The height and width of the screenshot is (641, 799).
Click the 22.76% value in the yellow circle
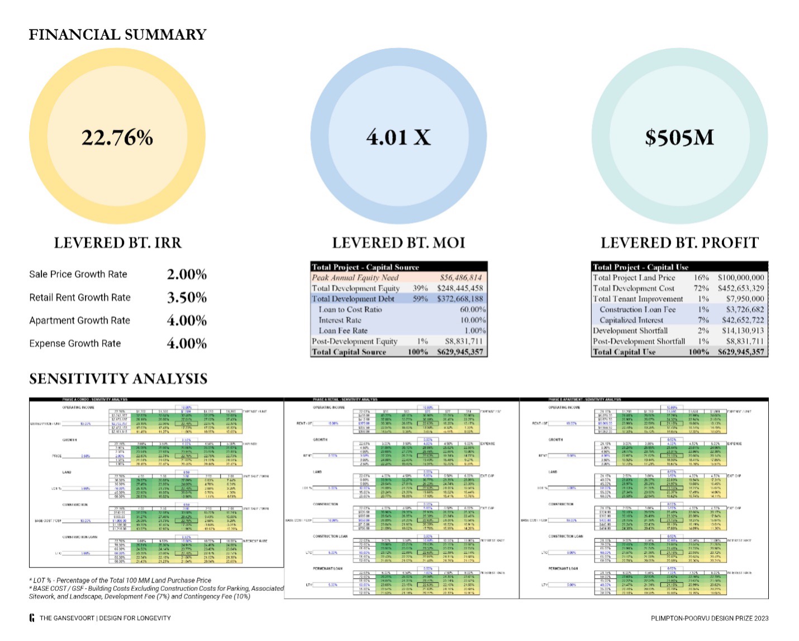[x=117, y=137]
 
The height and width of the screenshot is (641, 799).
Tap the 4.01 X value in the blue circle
[x=398, y=137]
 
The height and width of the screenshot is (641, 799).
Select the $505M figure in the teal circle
[x=679, y=137]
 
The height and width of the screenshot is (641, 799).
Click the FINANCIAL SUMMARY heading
[x=118, y=35]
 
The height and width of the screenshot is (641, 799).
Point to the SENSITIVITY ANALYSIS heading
[x=118, y=379]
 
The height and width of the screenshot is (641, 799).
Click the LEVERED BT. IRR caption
[x=118, y=243]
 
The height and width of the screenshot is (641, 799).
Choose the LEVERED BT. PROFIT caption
[x=679, y=243]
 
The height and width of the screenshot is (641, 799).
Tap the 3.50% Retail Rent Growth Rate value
[x=187, y=298]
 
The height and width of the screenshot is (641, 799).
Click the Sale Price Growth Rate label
[x=78, y=274]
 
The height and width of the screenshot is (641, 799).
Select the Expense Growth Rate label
[x=75, y=343]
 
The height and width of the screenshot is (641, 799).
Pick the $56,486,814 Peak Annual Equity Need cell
[x=460, y=278]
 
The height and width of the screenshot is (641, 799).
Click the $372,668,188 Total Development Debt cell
[x=460, y=299]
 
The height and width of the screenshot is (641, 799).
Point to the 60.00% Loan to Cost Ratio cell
[x=473, y=309]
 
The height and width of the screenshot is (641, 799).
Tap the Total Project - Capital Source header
[x=365, y=267]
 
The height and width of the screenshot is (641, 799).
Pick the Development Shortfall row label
[x=630, y=331]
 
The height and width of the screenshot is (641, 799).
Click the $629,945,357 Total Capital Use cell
[x=741, y=352]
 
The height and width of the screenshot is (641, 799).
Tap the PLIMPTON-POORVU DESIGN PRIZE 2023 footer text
[x=710, y=618]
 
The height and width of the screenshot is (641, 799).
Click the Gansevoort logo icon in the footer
[x=32, y=618]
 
